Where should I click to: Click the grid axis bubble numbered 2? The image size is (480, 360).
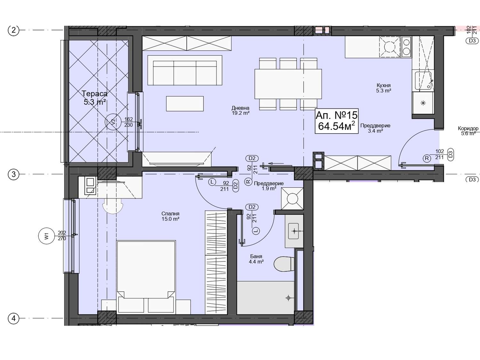[x=13, y=30]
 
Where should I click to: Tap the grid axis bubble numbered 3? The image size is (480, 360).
[x=13, y=174]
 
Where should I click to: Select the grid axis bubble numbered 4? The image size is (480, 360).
[x=13, y=319]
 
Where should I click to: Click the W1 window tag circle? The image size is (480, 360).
[x=46, y=236]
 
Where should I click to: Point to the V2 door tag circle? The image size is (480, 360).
[x=113, y=122]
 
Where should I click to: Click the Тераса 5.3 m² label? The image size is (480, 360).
[x=95, y=98]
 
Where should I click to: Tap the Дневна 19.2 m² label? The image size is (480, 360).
[x=241, y=111]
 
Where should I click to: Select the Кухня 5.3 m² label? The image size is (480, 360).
[x=384, y=88]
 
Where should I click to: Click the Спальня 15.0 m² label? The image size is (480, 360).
[x=170, y=216]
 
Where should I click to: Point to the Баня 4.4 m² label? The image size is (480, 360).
[x=256, y=259]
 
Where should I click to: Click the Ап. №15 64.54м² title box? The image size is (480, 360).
[x=337, y=121]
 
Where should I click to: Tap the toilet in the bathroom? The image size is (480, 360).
[x=284, y=264]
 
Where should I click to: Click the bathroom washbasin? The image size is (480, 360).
[x=294, y=231]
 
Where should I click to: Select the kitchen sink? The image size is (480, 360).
[x=423, y=81]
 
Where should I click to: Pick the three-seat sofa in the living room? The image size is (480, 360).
[x=185, y=70]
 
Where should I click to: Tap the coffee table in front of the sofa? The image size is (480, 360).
[x=185, y=104]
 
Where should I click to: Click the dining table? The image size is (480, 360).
[x=288, y=84]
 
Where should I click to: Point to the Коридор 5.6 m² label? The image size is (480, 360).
[x=468, y=131]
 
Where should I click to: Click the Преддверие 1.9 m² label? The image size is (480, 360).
[x=269, y=186]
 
